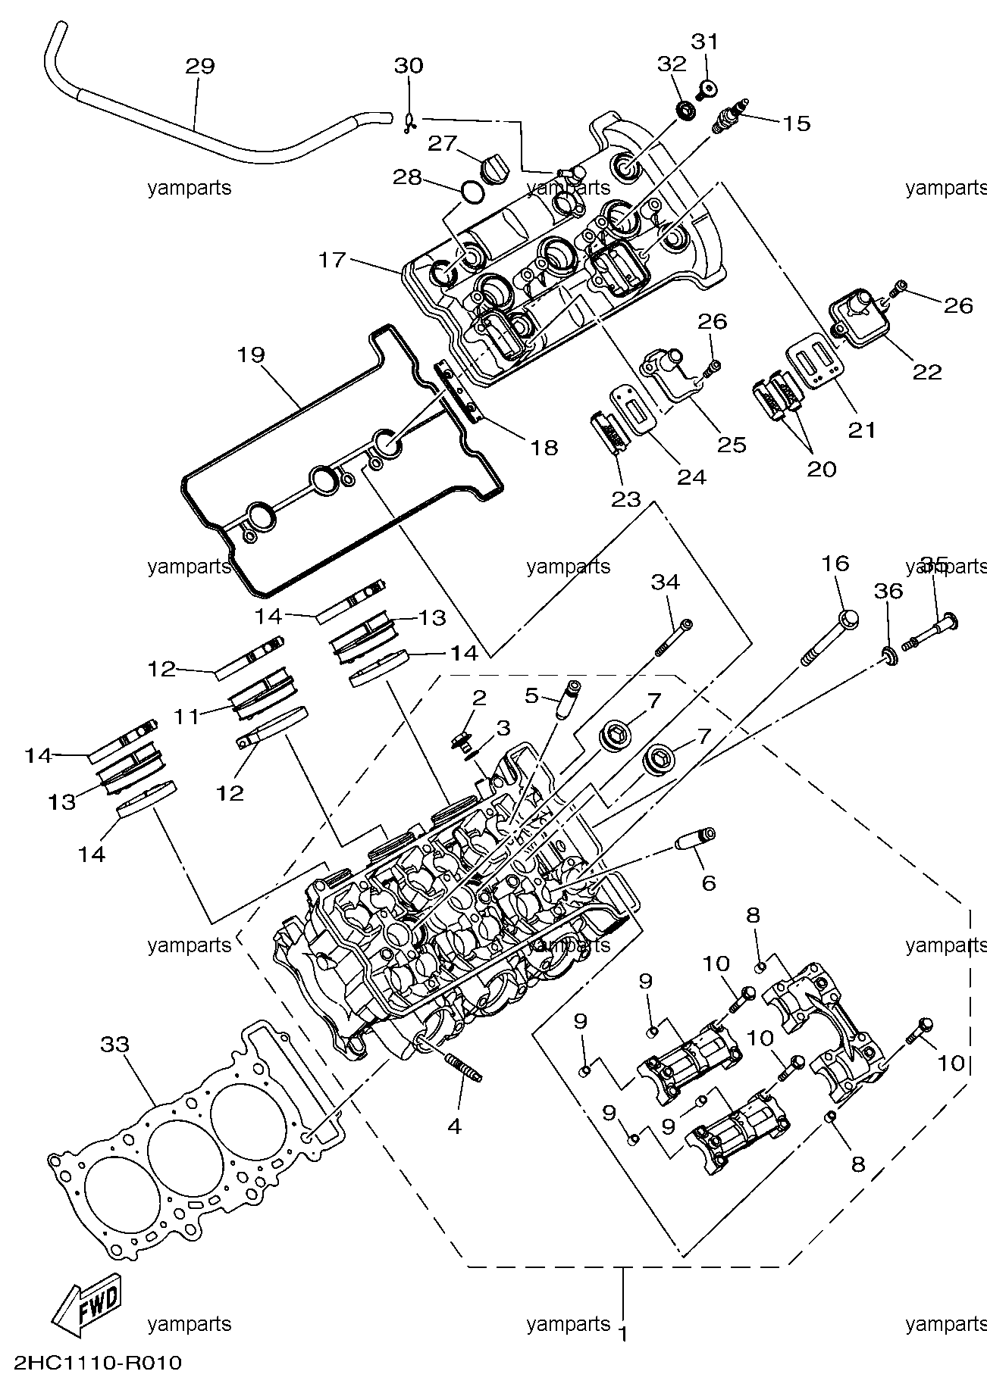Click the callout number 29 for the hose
point(199,66)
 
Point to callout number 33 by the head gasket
point(115,1045)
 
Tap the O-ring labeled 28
point(471,194)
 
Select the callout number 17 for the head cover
point(331,260)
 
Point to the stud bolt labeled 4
point(461,1068)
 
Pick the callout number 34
point(666,583)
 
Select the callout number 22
point(927,371)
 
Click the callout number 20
point(821,469)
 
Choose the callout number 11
point(187,715)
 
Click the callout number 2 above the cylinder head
point(478,698)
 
